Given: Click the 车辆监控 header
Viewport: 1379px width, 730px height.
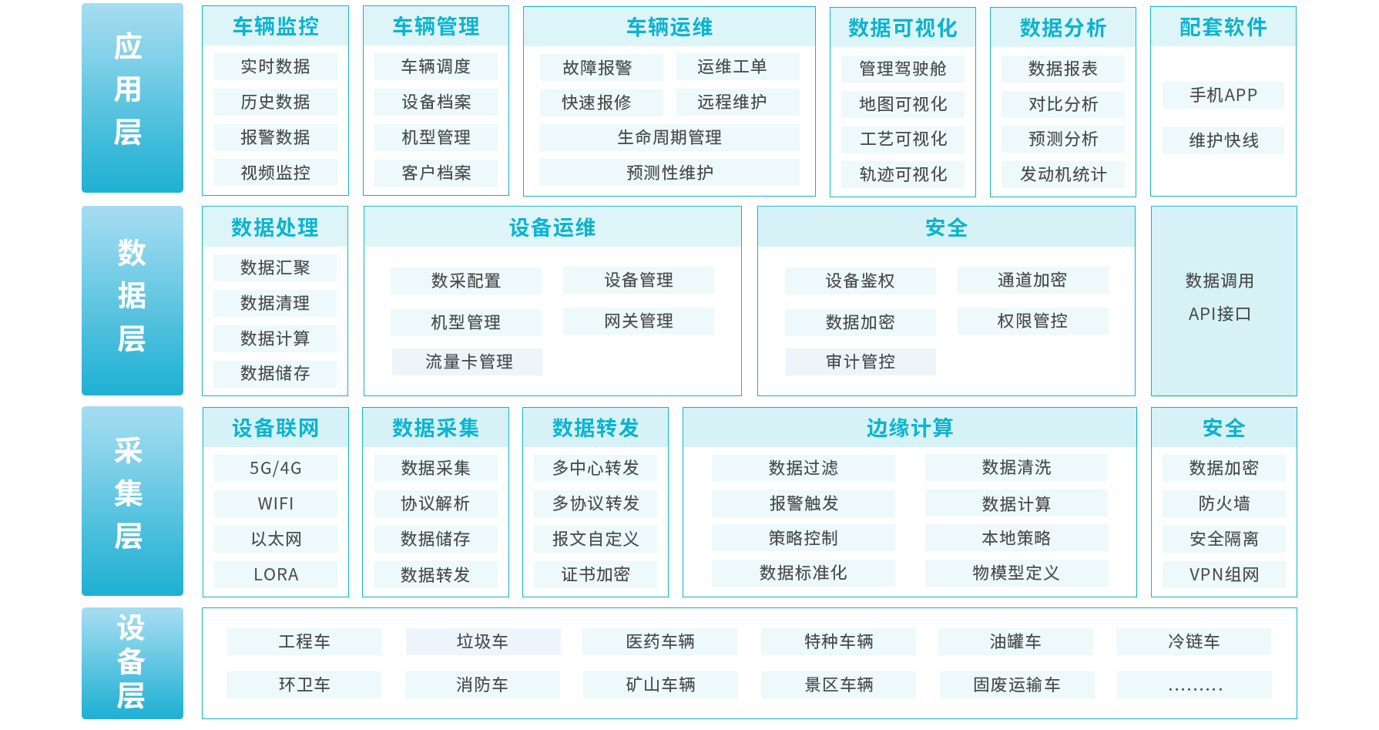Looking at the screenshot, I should click(x=275, y=27).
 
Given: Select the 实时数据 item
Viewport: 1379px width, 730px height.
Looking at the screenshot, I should click(x=275, y=67).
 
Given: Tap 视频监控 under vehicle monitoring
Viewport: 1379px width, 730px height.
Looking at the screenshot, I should click(x=275, y=173).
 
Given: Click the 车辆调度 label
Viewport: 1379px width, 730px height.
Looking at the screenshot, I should click(x=435, y=67).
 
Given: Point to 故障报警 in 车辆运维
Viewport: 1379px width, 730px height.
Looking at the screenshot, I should click(x=597, y=68).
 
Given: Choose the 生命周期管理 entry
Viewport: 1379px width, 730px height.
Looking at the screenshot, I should click(x=669, y=137).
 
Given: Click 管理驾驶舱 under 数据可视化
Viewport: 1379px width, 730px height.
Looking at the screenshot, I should click(x=902, y=69).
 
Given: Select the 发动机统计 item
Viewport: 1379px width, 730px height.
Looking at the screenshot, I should click(x=1062, y=174).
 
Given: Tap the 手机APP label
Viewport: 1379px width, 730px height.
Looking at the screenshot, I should click(x=1223, y=95).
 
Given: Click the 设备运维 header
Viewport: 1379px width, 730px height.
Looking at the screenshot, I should click(x=552, y=227).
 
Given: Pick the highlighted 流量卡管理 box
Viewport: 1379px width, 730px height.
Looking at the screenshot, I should click(x=467, y=362).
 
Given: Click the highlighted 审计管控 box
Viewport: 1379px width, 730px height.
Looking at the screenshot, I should click(x=860, y=362).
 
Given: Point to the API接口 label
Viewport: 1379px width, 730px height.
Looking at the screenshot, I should click(x=1219, y=314).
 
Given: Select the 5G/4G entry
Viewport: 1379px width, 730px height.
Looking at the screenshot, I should click(x=275, y=468).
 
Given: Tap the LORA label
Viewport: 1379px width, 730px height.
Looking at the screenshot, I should click(x=275, y=574).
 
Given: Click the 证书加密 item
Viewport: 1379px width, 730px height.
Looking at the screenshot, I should click(x=595, y=574).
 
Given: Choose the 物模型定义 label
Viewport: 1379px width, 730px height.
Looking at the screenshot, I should click(x=1015, y=573).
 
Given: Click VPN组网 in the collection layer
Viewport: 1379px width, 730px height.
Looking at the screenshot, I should click(x=1223, y=574).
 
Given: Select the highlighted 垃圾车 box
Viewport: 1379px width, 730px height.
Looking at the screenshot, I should click(x=482, y=641).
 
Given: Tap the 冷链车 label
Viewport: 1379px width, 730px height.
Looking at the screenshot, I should click(x=1193, y=641).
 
